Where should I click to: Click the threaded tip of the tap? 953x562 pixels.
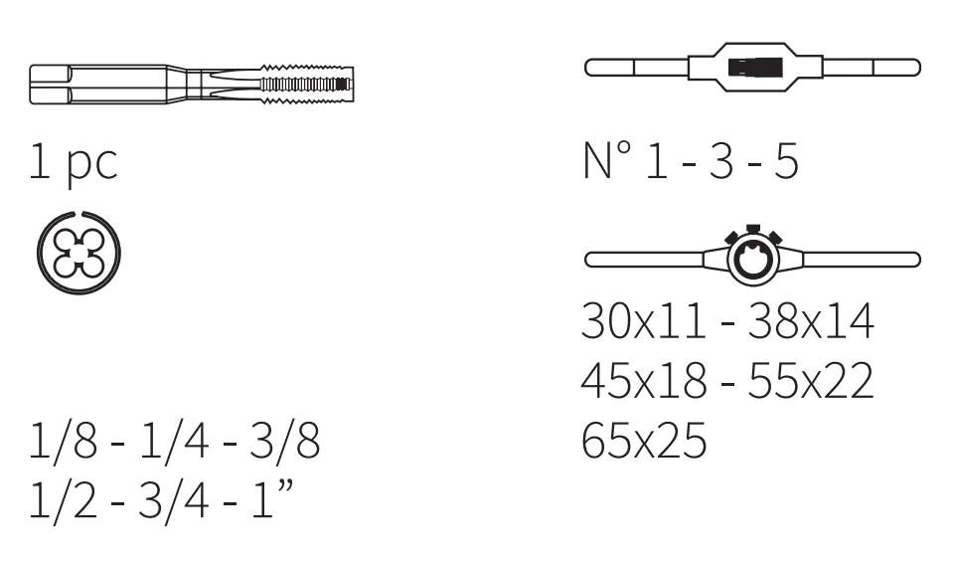[307, 84]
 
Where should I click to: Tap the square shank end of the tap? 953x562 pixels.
[50, 84]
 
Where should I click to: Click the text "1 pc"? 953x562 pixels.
[74, 162]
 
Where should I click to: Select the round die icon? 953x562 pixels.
[79, 253]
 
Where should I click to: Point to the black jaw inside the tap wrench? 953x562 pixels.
[755, 67]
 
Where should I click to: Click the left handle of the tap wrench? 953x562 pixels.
[636, 67]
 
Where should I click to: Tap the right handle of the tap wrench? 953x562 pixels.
[872, 67]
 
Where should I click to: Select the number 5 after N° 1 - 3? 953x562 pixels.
[786, 161]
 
